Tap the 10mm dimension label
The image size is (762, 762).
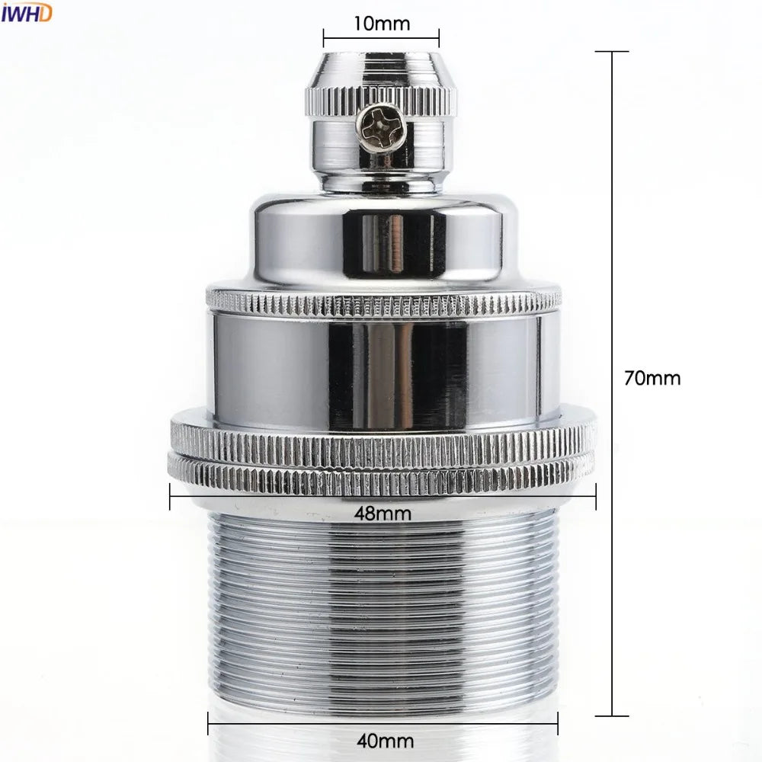point(381,24)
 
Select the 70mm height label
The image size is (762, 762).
point(652,378)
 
